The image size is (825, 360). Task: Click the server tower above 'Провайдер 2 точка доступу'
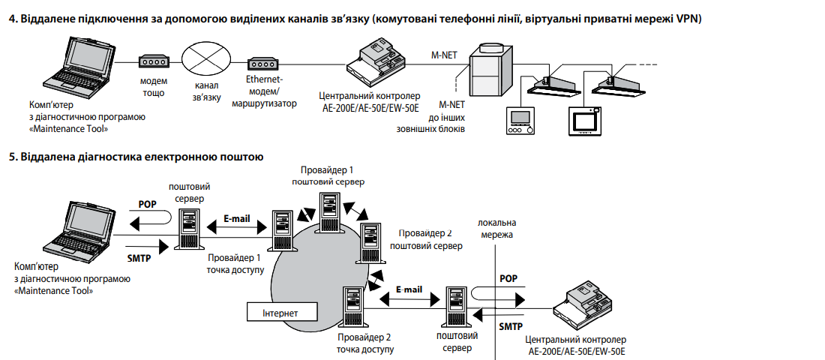pos(352,304)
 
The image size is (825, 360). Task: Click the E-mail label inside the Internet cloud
pos(409,289)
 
